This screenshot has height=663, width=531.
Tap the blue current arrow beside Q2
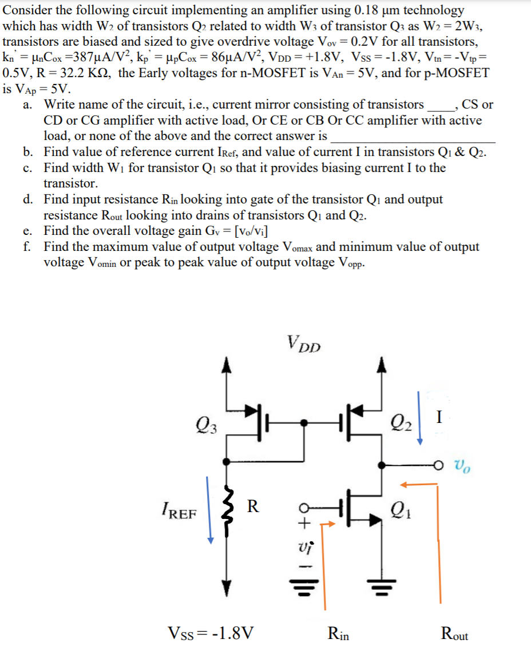pos(419,417)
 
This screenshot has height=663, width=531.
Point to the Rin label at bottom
pos(338,633)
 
